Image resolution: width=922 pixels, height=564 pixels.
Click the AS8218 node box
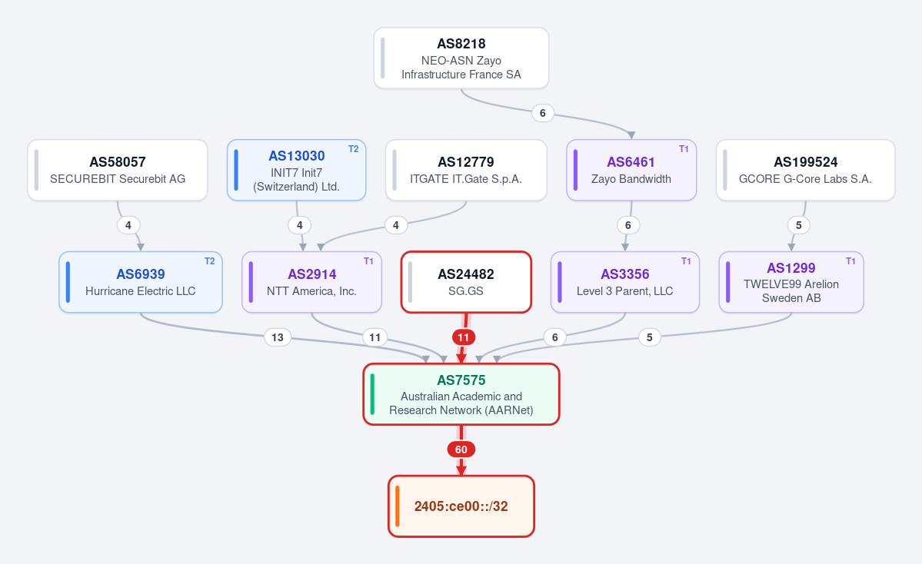click(x=461, y=58)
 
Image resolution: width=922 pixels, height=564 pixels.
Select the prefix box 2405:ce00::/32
click(x=461, y=506)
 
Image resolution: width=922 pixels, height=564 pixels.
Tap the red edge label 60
click(x=461, y=450)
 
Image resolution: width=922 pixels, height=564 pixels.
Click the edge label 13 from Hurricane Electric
click(x=278, y=337)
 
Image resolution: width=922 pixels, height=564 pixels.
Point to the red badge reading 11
click(x=464, y=337)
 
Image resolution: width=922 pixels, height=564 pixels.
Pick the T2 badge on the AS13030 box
click(x=354, y=149)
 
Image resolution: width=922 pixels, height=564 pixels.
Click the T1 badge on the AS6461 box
click(x=684, y=149)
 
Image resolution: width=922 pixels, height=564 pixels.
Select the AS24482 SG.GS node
click(x=466, y=282)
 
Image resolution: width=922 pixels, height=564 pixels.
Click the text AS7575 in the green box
click(x=461, y=380)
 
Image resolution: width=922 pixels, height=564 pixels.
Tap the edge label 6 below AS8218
click(x=543, y=113)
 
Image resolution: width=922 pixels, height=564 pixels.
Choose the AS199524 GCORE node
click(x=806, y=170)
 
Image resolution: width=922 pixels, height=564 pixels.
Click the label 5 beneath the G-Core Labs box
click(x=798, y=225)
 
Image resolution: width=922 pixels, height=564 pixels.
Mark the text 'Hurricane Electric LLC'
click(x=141, y=290)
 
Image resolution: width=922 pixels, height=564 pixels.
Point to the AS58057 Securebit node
click(x=118, y=170)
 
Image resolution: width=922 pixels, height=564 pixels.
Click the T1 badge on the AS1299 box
click(x=850, y=261)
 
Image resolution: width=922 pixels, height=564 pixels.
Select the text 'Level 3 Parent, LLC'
click(x=625, y=290)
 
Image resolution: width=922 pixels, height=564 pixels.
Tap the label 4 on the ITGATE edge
click(x=396, y=225)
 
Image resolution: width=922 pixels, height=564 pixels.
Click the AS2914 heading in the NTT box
click(x=312, y=274)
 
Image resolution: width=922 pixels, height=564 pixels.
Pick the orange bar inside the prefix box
click(x=398, y=506)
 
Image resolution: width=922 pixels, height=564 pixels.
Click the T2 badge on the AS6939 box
click(x=210, y=261)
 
